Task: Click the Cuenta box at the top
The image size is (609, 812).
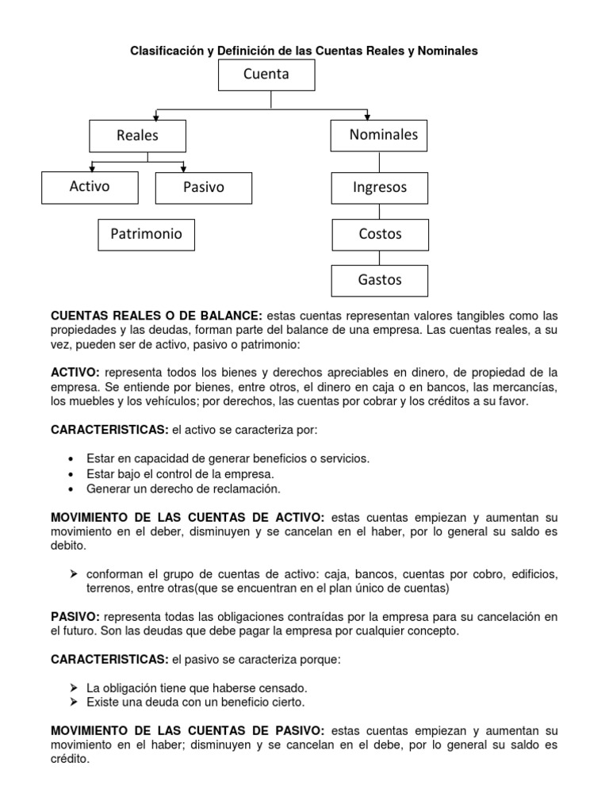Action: point(266,75)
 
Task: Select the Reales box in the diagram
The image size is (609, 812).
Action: point(137,136)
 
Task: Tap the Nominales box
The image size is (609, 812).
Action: point(379,135)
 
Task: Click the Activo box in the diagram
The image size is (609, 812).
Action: point(90,187)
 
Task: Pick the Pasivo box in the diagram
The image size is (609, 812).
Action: point(203,188)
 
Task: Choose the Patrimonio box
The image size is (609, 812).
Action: point(146,234)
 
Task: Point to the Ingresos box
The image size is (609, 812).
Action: point(379,188)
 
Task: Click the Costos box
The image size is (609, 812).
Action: point(379,234)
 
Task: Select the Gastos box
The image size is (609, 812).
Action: point(379,280)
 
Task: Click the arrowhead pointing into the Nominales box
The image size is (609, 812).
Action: point(367,117)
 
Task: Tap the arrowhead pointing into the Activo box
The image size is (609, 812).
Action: point(93,168)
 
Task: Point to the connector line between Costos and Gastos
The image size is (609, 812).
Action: point(379,258)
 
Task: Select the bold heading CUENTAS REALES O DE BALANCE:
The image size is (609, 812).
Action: point(156,316)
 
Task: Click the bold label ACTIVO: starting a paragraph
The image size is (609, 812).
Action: point(75,372)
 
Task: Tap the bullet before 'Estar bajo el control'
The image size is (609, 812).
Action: point(72,473)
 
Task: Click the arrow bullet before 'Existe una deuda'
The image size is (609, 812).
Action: point(73,702)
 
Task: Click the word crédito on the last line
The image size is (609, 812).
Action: point(70,758)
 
